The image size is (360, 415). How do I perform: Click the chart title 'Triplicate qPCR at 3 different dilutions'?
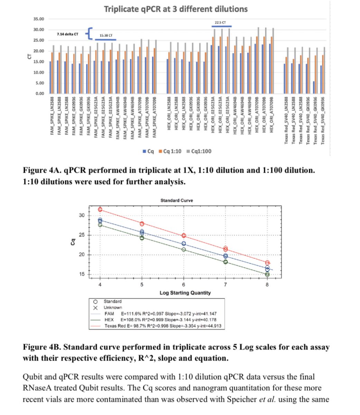176,9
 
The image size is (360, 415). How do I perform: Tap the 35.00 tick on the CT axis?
39,19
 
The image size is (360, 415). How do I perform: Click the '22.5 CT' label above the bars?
220,22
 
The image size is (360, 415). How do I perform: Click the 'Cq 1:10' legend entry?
172,151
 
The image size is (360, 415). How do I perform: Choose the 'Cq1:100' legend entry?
201,151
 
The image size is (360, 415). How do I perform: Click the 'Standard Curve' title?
177,200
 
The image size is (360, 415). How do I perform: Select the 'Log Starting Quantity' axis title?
185,293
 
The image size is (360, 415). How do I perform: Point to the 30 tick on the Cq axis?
82,215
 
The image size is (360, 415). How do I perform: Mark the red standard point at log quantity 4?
100,209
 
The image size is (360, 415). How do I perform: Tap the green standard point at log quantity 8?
267,274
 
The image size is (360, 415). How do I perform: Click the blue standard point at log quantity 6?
184,244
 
